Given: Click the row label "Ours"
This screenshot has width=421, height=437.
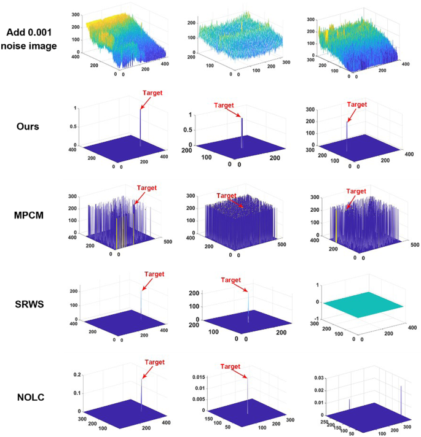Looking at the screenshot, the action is click(x=28, y=126).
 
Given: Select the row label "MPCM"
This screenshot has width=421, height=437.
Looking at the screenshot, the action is click(x=29, y=215).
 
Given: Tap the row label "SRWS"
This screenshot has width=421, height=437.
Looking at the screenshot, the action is click(x=30, y=304).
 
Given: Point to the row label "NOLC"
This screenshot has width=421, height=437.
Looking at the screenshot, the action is click(x=31, y=397).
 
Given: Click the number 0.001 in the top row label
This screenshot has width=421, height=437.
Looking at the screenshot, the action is click(x=38, y=33).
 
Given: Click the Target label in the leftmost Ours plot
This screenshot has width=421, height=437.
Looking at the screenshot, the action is click(x=152, y=93).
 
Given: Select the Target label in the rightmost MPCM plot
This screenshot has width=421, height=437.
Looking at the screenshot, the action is click(x=356, y=191).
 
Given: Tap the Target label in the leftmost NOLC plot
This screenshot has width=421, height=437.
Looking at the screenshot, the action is click(x=154, y=362).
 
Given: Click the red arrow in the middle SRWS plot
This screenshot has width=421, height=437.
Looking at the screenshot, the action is click(x=241, y=287).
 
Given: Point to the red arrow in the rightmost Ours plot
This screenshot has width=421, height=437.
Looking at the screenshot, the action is click(x=352, y=115).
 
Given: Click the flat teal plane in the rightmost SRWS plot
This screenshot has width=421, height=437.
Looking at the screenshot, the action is click(x=363, y=305).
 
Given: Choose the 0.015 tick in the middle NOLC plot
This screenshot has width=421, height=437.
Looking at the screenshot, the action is click(x=199, y=377).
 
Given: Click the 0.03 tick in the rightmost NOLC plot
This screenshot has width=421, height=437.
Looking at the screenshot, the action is click(x=319, y=378).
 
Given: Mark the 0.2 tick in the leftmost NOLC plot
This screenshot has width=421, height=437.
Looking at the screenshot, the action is click(x=77, y=375).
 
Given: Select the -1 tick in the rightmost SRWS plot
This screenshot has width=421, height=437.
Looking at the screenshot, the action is click(x=317, y=319).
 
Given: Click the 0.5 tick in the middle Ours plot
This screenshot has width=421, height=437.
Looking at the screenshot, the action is click(x=188, y=130).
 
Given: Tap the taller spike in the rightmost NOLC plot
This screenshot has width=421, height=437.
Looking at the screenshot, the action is click(x=401, y=400).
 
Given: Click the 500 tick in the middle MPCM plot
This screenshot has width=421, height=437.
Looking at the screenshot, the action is click(x=281, y=244).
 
